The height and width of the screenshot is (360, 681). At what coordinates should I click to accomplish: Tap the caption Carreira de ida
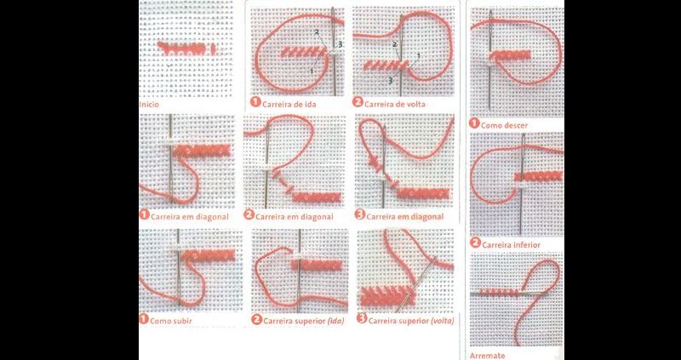pos(289,104)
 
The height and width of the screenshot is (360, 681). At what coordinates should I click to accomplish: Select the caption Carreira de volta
pos(395,104)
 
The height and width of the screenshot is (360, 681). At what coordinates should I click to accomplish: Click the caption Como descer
pos(504,125)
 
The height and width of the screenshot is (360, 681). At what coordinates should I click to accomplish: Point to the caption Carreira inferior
pos(511,245)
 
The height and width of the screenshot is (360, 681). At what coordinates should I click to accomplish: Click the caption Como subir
pos(171,322)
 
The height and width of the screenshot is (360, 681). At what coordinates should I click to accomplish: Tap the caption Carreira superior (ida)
pos(303,322)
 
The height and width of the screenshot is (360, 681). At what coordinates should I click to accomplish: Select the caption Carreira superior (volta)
pos(411,322)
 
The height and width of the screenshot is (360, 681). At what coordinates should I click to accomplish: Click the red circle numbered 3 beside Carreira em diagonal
pos(359,214)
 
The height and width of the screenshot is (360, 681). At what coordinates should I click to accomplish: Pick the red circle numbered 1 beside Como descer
pos(474,123)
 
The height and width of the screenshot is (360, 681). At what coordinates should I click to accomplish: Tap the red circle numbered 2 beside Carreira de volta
pos(358,102)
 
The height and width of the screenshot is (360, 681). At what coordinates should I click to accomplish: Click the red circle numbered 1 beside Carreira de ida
pos(255,102)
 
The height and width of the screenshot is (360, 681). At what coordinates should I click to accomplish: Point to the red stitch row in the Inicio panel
pos(186,48)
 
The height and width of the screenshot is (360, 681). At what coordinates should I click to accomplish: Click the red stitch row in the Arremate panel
pos(499,292)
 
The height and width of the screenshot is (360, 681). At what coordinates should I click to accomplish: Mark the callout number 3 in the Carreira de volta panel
pos(391,80)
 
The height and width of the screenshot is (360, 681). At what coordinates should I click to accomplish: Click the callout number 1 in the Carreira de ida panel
pos(312,70)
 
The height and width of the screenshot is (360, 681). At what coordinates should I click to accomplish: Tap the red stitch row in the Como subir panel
pos(209,255)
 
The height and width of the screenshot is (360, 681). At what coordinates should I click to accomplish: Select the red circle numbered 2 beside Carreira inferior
pos(475,243)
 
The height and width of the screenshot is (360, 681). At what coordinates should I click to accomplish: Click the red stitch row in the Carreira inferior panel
pos(539,176)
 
